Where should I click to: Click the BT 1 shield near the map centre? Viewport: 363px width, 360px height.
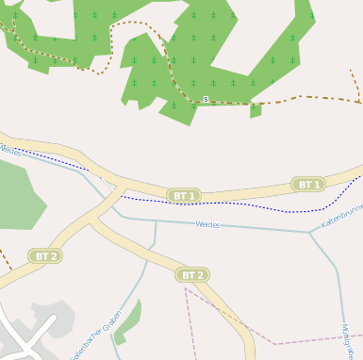[x=183, y=196]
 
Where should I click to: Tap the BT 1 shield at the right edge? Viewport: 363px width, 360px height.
[x=308, y=185]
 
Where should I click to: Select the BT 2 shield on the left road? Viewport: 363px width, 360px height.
[x=46, y=256]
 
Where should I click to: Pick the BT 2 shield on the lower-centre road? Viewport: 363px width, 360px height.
[x=191, y=275]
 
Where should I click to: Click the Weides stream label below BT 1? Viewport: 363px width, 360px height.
[x=207, y=224]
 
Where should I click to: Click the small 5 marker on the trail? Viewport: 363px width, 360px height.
[x=206, y=99]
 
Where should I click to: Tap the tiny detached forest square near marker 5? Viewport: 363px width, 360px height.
[x=255, y=110]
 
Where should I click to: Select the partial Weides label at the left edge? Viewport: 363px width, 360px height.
[x=9, y=149]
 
